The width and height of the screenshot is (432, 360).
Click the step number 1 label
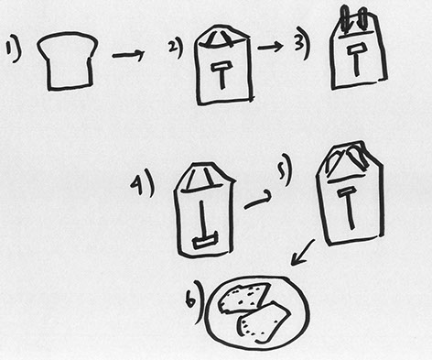point(13,52)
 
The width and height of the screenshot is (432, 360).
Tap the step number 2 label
point(176,49)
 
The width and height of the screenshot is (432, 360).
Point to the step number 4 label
point(142,182)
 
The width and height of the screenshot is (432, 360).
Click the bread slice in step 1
point(68,61)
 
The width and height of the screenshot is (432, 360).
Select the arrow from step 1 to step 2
point(128,55)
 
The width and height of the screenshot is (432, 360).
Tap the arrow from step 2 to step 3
point(270,47)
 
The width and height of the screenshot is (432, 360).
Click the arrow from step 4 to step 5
point(258,201)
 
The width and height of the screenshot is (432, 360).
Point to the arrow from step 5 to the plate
point(303,253)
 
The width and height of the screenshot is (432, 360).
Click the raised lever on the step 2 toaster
point(223,75)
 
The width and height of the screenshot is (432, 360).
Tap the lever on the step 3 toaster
point(355,60)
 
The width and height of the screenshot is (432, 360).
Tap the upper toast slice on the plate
point(244,299)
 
